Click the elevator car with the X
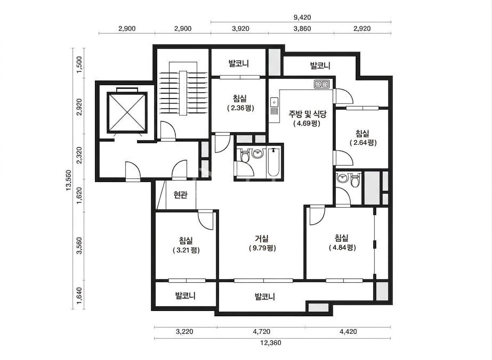click(127, 112)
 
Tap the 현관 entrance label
click(181, 194)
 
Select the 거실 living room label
click(262, 238)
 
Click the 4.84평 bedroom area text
click(343, 248)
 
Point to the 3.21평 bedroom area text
click(186, 250)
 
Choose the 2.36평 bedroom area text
click(241, 108)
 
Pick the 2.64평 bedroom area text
click(363, 143)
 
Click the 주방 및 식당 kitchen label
click(307, 114)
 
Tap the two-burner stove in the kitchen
click(322, 84)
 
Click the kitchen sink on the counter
click(274, 106)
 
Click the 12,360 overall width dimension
click(271, 343)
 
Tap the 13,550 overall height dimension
click(69, 180)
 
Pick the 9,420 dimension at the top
click(302, 17)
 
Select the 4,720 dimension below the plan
click(262, 331)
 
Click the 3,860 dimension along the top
click(302, 29)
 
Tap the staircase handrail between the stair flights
click(183, 93)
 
